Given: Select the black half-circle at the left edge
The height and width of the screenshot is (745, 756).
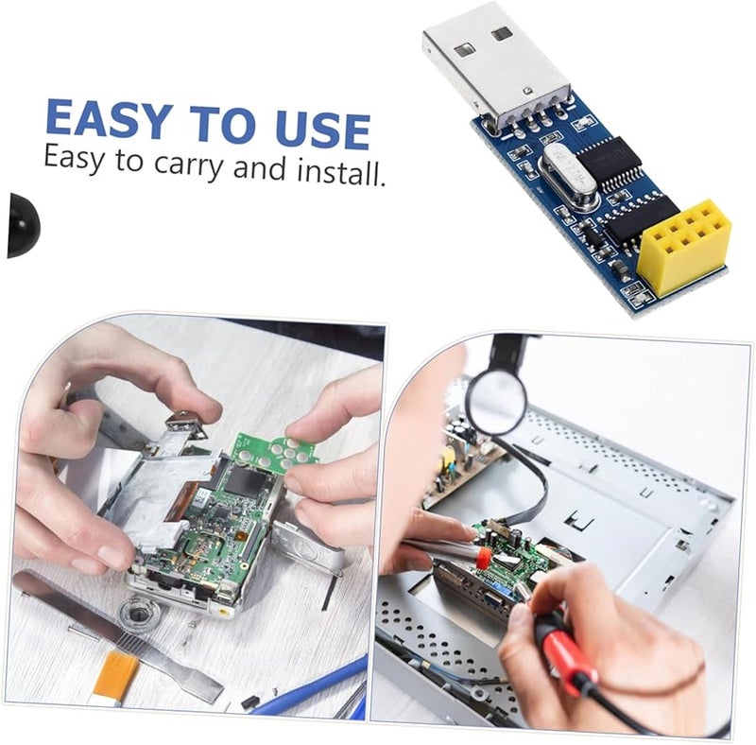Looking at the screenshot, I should click(21, 225).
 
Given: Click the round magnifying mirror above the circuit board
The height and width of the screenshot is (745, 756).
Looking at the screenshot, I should click(496, 402).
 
